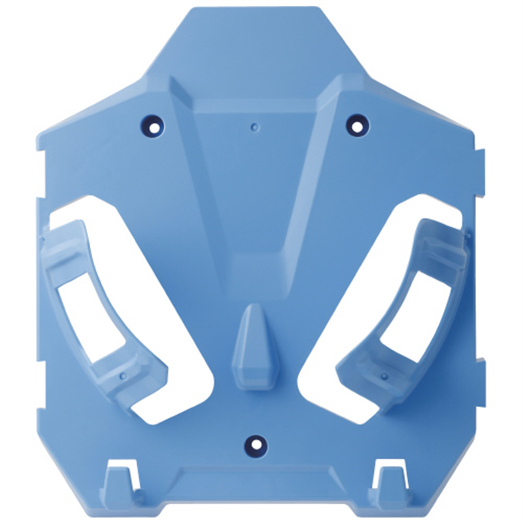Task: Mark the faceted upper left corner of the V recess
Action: [x=183, y=92]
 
